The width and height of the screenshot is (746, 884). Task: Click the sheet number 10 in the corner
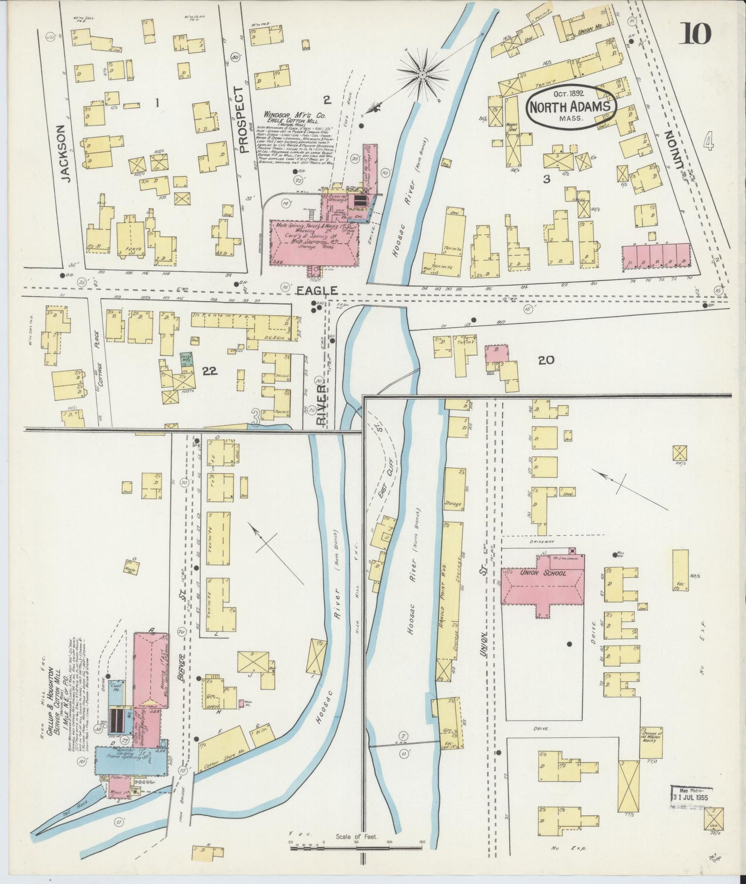[x=697, y=35]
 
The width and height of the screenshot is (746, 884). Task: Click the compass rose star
[x=422, y=75]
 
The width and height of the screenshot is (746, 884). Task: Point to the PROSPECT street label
[x=238, y=120]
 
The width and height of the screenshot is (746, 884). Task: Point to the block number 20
[x=546, y=360]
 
